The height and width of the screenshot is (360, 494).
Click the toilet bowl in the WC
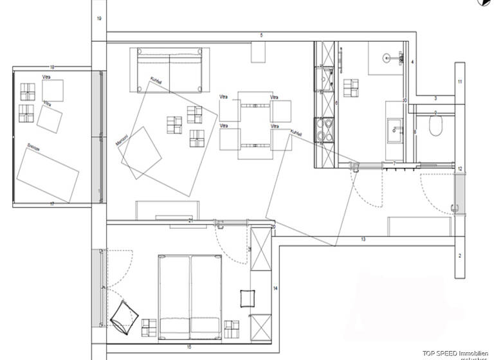coord(437,128)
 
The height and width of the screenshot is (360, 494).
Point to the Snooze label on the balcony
coord(33,147)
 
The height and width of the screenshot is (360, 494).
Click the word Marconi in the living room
coord(120,141)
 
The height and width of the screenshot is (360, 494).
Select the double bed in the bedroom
coord(190,295)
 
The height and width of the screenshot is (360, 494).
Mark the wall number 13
coord(363,239)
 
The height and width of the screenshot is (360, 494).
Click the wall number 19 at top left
coord(99,19)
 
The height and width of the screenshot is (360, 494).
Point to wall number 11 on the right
coord(460,82)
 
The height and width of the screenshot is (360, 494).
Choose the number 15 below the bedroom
coord(190,347)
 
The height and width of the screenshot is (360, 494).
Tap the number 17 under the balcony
coord(51,203)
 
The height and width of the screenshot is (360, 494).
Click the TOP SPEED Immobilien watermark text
coord(450,348)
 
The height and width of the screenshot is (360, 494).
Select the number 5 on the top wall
coord(261,35)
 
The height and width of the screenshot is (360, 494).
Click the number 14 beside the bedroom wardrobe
coord(275,289)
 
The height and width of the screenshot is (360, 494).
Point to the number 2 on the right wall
coord(460,256)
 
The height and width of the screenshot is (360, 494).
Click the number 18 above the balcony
coord(51,67)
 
